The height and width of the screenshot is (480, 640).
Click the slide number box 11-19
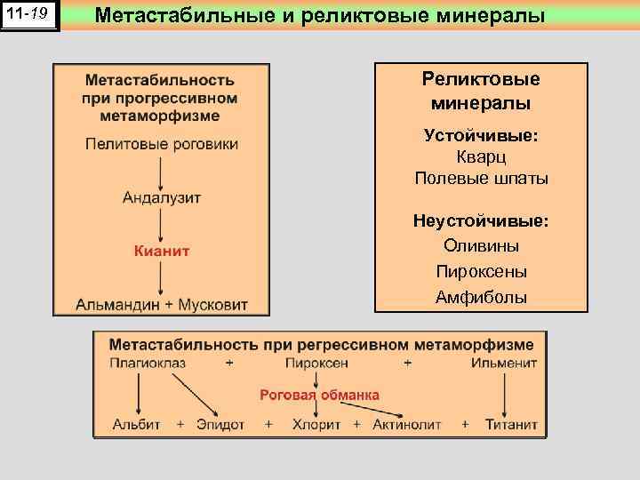click(x=30, y=15)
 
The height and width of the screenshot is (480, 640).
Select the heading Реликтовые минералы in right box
click(x=481, y=91)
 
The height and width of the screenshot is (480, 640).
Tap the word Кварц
click(x=481, y=157)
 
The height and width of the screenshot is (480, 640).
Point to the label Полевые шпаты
click(x=481, y=178)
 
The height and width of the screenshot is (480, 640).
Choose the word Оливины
click(x=481, y=245)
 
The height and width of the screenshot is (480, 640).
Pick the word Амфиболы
click(x=481, y=297)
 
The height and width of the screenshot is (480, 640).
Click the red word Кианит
click(x=161, y=251)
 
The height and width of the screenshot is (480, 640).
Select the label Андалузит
click(x=161, y=196)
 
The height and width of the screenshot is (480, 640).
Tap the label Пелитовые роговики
click(x=161, y=143)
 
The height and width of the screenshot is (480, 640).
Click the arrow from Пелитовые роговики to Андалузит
click(x=161, y=170)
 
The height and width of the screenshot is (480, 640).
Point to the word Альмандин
click(x=117, y=304)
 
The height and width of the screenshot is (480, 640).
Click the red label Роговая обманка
click(x=319, y=395)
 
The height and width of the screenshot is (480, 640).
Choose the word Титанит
click(x=511, y=425)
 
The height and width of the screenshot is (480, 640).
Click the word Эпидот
click(x=220, y=425)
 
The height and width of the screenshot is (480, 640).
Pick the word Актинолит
click(x=407, y=425)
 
